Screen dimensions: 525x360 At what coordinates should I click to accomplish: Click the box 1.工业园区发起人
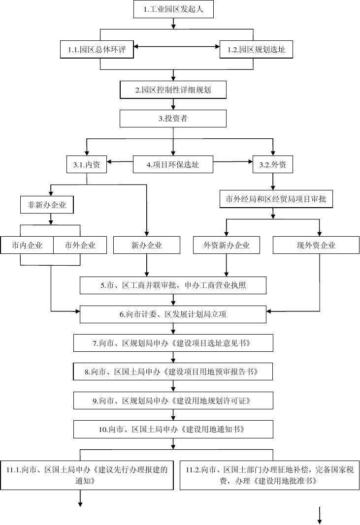click(173, 9)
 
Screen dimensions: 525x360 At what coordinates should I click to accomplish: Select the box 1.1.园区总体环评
click(101, 49)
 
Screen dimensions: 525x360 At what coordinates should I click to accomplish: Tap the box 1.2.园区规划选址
click(253, 49)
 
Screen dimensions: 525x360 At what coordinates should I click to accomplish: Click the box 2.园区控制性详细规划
click(173, 90)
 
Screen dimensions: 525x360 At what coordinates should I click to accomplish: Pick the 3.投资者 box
click(173, 119)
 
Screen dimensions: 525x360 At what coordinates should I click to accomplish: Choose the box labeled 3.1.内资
click(86, 165)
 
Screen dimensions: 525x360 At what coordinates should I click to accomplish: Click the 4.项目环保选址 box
click(173, 165)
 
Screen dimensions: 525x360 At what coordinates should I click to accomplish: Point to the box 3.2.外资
click(272, 165)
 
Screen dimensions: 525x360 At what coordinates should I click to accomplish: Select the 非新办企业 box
click(47, 204)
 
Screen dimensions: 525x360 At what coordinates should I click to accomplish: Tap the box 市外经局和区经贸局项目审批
click(272, 199)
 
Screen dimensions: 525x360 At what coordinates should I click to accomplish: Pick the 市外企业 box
click(79, 245)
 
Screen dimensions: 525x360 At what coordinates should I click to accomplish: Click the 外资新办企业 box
click(226, 245)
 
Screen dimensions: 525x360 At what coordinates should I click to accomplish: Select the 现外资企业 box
click(316, 245)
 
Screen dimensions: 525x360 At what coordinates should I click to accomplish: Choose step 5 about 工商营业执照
click(173, 285)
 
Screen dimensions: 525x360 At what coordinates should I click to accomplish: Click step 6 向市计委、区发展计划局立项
click(173, 314)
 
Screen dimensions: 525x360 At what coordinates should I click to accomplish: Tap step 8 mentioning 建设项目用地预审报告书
click(173, 372)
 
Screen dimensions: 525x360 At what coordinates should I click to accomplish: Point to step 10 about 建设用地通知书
click(173, 429)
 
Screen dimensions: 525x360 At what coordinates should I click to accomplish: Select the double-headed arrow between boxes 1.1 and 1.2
click(176, 47)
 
